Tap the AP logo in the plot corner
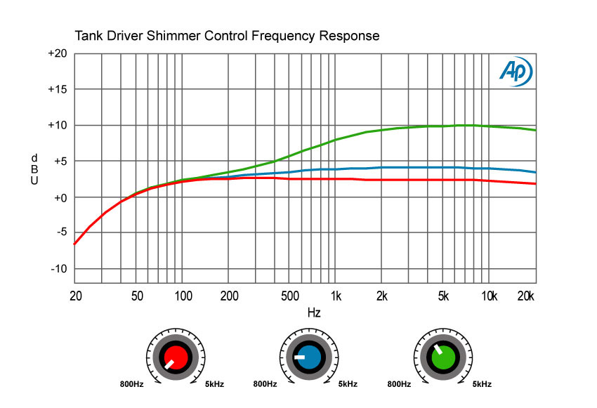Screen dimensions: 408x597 click(516, 71)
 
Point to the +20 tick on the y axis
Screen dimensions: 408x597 click(58, 54)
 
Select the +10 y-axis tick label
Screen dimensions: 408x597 click(58, 126)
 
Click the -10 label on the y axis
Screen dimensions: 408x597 click(60, 269)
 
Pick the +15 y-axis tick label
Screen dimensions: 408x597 click(58, 90)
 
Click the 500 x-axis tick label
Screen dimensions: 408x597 click(289, 296)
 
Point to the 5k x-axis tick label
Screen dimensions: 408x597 click(443, 296)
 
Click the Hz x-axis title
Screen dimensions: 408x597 click(314, 312)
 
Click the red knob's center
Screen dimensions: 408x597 click(176, 357)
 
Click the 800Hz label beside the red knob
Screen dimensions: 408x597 click(133, 384)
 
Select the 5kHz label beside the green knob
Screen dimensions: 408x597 click(481, 384)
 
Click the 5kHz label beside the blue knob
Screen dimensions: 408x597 click(348, 384)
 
